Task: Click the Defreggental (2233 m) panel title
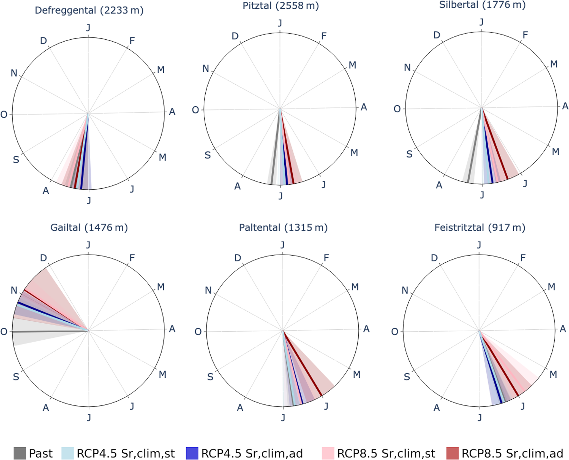coord(89,10)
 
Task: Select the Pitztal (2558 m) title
coord(281,6)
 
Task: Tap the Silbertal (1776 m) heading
coord(482,5)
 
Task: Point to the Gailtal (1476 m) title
coord(89,228)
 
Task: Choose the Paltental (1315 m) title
coord(283,228)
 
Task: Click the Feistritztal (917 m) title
coord(480,228)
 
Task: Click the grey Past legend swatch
coord(20,453)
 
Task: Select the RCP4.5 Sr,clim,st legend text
coord(126,453)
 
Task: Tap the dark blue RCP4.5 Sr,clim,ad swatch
coord(192,453)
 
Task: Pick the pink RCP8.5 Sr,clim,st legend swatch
coord(328,453)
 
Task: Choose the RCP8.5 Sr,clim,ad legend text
coord(512,453)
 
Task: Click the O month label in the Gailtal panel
coord(4,332)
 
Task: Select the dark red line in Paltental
coord(303,364)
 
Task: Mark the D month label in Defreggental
coord(43,41)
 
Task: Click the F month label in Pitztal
coord(324,36)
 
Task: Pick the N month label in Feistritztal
coord(405,290)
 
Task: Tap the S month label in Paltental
coord(210,377)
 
